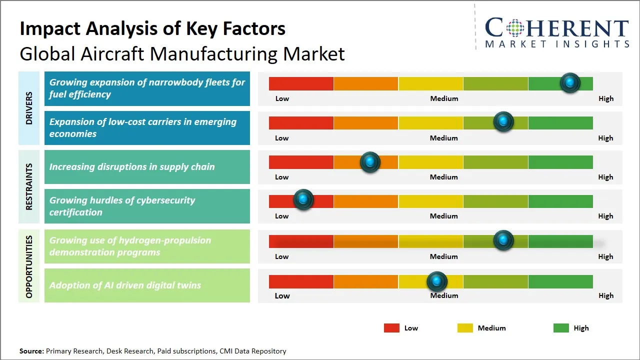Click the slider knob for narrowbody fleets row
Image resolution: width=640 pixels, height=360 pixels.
tap(570, 82)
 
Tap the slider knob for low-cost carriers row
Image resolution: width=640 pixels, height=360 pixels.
tap(503, 121)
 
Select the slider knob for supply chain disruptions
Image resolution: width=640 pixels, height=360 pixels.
tap(370, 161)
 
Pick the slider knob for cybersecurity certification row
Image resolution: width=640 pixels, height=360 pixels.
tap(303, 199)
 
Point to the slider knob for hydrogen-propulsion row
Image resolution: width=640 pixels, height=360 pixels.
tap(503, 240)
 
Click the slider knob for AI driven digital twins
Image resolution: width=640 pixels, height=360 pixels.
tap(437, 281)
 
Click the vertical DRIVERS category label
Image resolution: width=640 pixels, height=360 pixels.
tap(29, 108)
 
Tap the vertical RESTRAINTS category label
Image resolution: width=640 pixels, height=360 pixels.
tap(29, 186)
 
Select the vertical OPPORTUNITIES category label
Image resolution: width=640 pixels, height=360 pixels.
tap(29, 266)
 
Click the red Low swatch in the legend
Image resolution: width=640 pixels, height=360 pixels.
tap(391, 328)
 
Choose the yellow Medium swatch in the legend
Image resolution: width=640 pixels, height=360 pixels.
tap(465, 328)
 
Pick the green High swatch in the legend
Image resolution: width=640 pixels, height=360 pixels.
tap(561, 328)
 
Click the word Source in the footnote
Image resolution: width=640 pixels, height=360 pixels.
tap(31, 351)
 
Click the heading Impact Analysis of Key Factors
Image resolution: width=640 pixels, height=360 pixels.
tap(152, 28)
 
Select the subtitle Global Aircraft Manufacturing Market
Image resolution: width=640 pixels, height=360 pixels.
tap(182, 53)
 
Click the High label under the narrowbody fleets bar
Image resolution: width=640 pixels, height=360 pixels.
tap(605, 98)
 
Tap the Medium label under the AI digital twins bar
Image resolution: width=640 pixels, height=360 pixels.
tap(444, 295)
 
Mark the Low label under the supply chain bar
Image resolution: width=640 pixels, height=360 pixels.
tap(282, 177)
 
